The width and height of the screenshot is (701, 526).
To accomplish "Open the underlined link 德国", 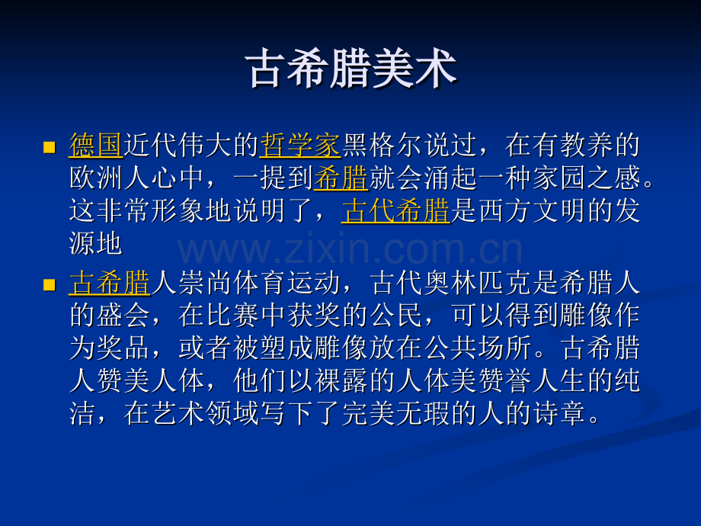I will pyautogui.click(x=95, y=144).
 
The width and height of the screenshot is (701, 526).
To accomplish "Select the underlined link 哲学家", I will pyautogui.click(x=299, y=144).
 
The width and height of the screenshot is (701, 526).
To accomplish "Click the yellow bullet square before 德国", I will pyautogui.click(x=50, y=146).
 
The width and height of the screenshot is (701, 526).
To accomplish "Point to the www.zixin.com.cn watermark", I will pyautogui.click(x=350, y=251).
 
